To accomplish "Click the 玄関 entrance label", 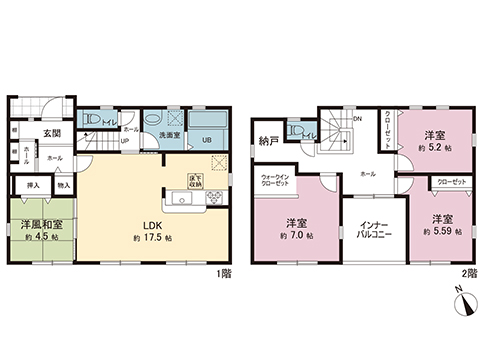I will (52, 133).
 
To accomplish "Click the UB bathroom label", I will (207, 139).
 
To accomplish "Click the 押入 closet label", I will (31, 185).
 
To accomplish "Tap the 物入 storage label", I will (62, 185).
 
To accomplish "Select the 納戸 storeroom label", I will (266, 139).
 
